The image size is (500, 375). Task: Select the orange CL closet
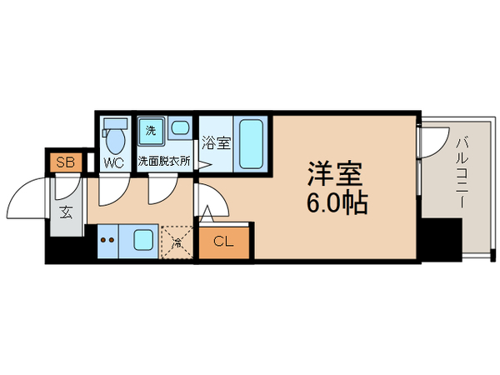coord(223,242)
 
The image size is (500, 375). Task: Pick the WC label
coord(113,162)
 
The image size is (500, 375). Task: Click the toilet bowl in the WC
coord(114,136)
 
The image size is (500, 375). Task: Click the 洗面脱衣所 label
coord(164,162)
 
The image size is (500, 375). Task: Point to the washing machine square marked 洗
coord(151,129)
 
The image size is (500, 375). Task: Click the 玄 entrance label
coord(67,210)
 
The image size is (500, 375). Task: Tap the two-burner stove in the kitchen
coord(107,241)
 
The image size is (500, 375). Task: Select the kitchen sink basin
coord(141,242)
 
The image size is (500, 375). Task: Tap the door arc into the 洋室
coord(209,200)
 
